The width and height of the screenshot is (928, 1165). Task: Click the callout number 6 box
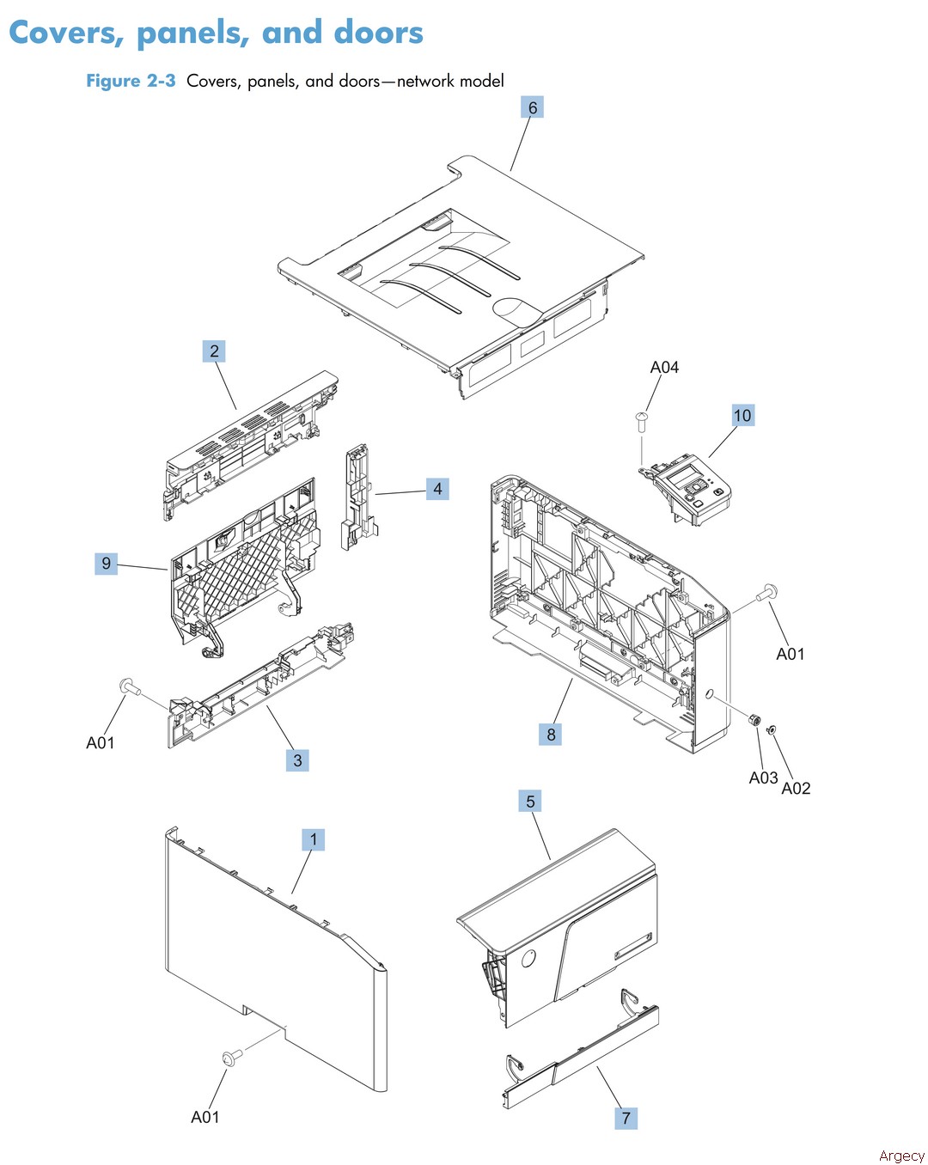coord(533,108)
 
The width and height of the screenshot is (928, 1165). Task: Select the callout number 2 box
coord(214,351)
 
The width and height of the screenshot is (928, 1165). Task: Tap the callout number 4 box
coord(437,490)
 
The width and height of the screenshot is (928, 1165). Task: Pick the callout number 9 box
coord(106,564)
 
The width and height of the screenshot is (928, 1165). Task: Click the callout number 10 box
coord(742,416)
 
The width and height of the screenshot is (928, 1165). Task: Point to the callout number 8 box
coord(551,735)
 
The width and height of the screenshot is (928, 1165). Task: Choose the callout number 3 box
coord(297,760)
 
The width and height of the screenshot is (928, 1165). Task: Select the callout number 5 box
coord(530,802)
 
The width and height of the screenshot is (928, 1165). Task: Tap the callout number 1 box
coord(314,839)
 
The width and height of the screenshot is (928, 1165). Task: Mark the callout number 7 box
coord(626,1118)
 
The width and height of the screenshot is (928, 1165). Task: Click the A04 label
coord(664,368)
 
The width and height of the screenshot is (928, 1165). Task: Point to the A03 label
coord(762,778)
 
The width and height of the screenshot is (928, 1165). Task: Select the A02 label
coord(796,789)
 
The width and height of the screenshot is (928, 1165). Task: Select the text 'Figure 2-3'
coord(131,81)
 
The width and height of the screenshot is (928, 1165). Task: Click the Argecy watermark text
coord(901,1156)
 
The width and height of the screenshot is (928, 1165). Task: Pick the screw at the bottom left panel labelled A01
coord(229,1058)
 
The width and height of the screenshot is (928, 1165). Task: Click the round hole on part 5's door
coord(528,957)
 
